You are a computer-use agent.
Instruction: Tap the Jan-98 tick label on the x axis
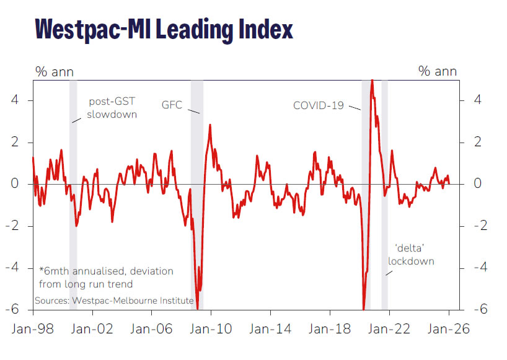pyautogui.click(x=30, y=328)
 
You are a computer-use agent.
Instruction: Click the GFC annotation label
pyautogui.click(x=172, y=105)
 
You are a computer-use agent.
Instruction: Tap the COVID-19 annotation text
pyautogui.click(x=318, y=105)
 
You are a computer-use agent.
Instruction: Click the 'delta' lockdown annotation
pyautogui.click(x=411, y=255)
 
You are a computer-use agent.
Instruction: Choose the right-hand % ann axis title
pyautogui.click(x=438, y=71)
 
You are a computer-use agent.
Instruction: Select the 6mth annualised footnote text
pyautogui.click(x=106, y=278)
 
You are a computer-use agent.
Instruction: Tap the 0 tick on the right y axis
pyautogui.click(x=478, y=184)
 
